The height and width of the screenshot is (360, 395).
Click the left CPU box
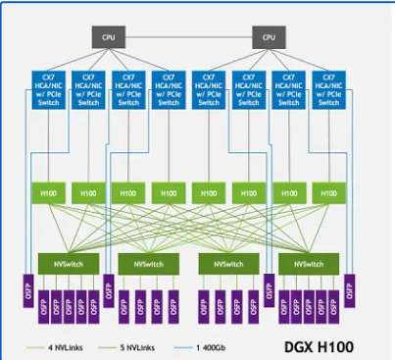(108, 37)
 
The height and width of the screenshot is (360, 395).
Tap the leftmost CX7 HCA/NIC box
(48, 89)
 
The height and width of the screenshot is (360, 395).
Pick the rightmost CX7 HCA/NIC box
(328, 89)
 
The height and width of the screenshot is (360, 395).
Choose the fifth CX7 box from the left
(209, 89)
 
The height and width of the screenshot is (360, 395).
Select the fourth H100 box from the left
(168, 195)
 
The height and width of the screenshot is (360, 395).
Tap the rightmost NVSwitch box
(305, 264)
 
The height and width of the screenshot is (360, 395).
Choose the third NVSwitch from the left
(224, 264)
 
